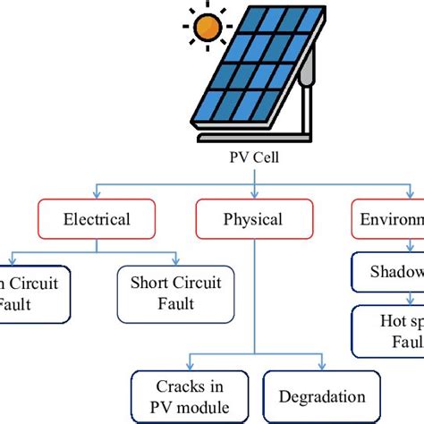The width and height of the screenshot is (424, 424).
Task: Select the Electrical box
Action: (97, 219)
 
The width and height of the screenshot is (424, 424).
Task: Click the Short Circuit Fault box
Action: (175, 293)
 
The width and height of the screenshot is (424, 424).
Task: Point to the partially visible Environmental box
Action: (389, 219)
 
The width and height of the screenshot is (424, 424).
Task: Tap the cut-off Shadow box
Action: (388, 273)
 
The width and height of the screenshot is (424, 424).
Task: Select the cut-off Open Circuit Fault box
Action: (34, 293)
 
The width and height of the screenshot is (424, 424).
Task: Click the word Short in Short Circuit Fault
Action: (149, 283)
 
